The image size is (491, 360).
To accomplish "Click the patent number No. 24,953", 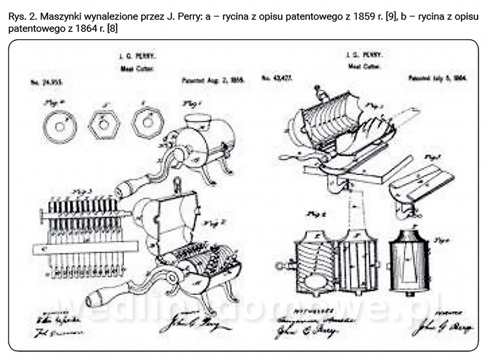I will click(47, 81).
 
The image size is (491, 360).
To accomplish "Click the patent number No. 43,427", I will click(275, 79).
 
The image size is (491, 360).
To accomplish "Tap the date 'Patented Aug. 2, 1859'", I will click(204, 80).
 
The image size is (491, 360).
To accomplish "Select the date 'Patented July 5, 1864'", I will click(438, 79).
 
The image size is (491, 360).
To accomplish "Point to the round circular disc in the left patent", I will click(61, 126).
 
